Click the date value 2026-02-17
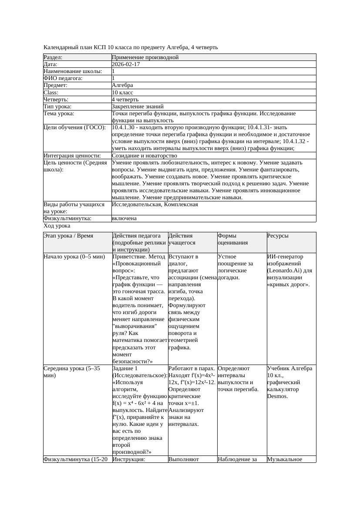coord(126,64)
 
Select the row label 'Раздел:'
coord(53,57)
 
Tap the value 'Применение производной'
coord(145,57)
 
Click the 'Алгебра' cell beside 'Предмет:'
coord(122,85)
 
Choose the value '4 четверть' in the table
coord(125,99)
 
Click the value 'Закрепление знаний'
coord(138,106)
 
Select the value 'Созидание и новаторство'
coord(144,155)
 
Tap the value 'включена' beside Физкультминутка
coord(124,218)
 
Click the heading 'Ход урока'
coord(57,226)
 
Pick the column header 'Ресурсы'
coord(278,236)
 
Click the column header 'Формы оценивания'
coord(232,239)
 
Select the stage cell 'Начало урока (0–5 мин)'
coord(74,257)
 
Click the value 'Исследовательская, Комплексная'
coord(155,204)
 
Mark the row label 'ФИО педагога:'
coord(63,78)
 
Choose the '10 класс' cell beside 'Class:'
coord(122,92)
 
